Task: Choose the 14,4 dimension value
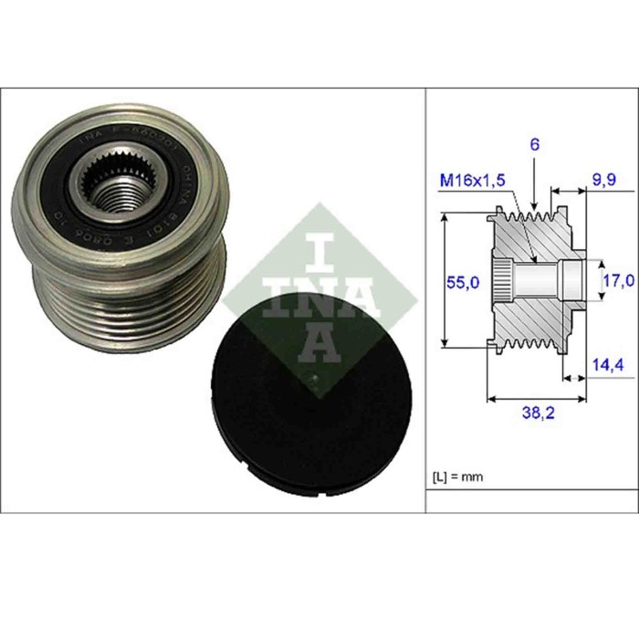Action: [x=605, y=366]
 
